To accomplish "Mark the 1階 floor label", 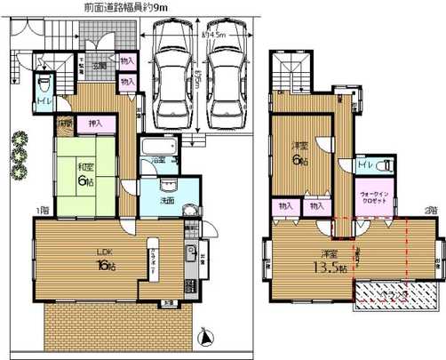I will (x=41, y=211).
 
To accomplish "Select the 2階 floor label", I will (x=431, y=211).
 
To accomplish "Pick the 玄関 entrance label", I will (x=100, y=65).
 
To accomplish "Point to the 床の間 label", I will (x=65, y=123).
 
